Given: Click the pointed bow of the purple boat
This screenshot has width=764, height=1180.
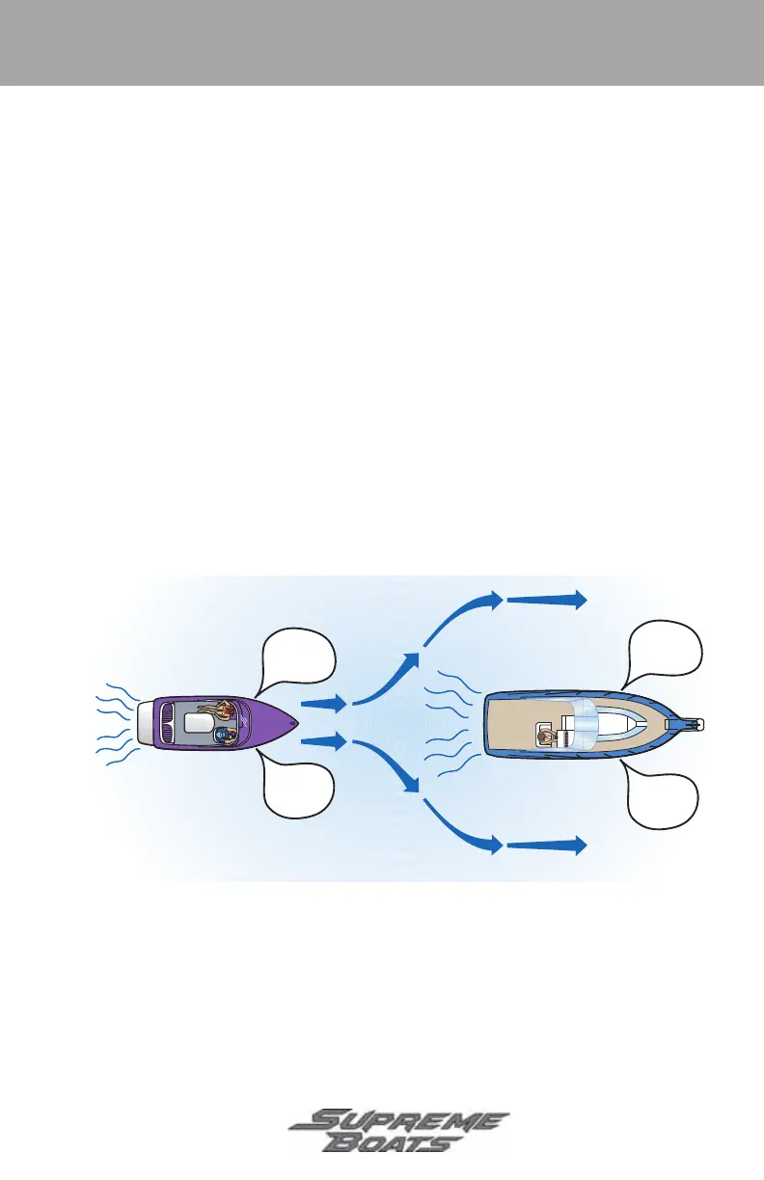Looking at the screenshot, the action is (295, 723).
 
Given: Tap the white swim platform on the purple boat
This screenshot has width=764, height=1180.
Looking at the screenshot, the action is (146, 723).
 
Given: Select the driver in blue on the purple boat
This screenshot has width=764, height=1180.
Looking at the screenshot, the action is (225, 736).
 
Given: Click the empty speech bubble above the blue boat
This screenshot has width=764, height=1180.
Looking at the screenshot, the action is (666, 649).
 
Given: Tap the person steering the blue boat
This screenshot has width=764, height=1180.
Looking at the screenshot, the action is (547, 737).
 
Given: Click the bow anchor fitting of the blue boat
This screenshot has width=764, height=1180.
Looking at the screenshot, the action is (693, 723).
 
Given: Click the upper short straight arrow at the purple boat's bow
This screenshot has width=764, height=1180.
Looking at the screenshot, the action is (323, 703).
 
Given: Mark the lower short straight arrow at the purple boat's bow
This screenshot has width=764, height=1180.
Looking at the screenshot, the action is (323, 742).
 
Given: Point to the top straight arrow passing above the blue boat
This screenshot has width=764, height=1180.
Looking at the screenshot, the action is (547, 599).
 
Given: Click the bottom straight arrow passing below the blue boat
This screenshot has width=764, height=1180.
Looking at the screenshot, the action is (547, 846).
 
